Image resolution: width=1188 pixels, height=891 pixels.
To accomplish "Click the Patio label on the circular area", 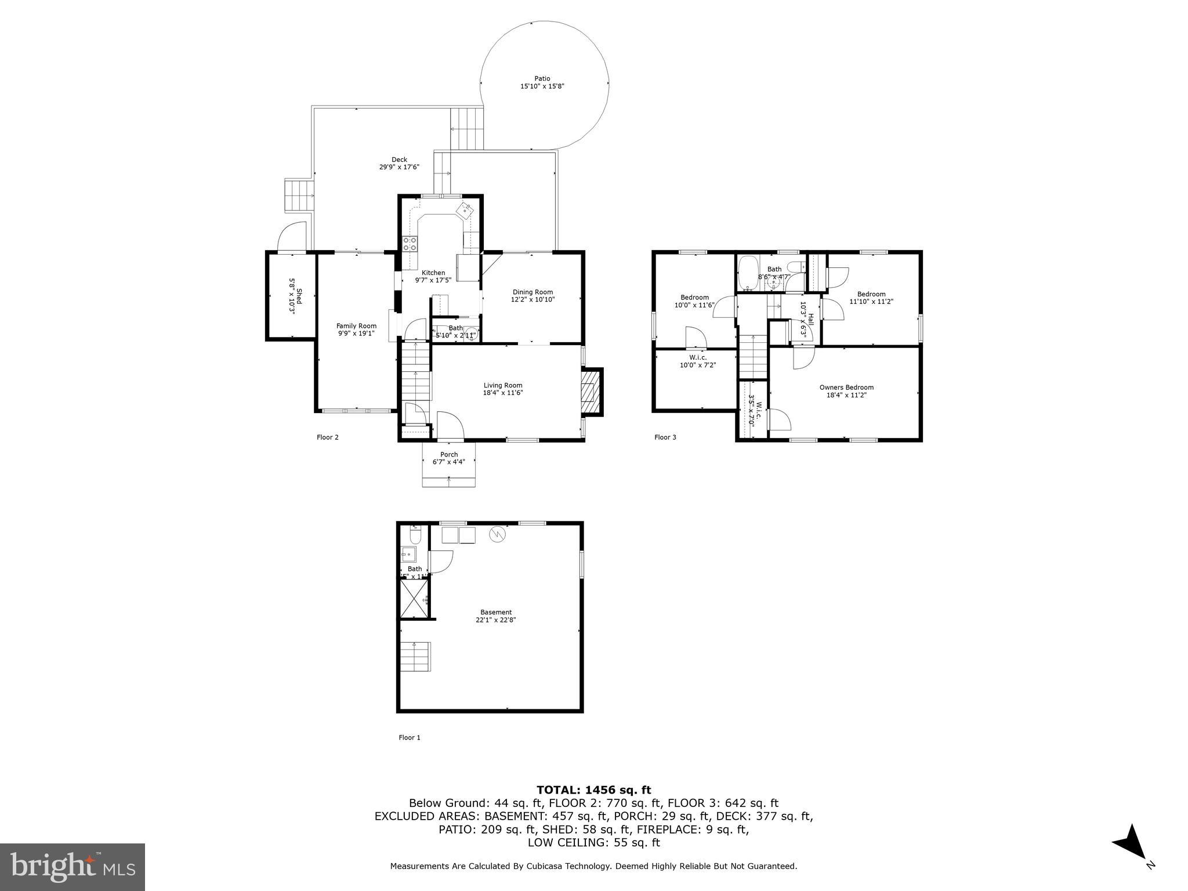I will tap(542, 78).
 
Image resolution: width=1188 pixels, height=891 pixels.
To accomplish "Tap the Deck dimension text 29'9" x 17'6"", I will tap(399, 167).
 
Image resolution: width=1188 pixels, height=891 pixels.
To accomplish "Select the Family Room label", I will tap(356, 326).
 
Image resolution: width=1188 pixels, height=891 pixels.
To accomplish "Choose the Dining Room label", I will tap(532, 292).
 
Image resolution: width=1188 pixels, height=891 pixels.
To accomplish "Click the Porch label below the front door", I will tap(449, 455).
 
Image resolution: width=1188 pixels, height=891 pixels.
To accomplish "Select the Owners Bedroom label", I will tap(846, 387).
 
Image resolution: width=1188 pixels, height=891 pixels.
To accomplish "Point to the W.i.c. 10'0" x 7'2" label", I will tap(698, 361).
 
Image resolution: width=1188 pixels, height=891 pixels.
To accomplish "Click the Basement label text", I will tap(496, 612).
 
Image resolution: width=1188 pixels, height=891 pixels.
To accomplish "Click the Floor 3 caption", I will tap(665, 437).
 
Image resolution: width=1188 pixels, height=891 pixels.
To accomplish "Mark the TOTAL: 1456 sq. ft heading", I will tap(593, 789).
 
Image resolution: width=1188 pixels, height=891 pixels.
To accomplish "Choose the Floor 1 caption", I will tap(409, 737).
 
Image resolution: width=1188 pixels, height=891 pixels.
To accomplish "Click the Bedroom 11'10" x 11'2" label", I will tap(871, 298).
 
